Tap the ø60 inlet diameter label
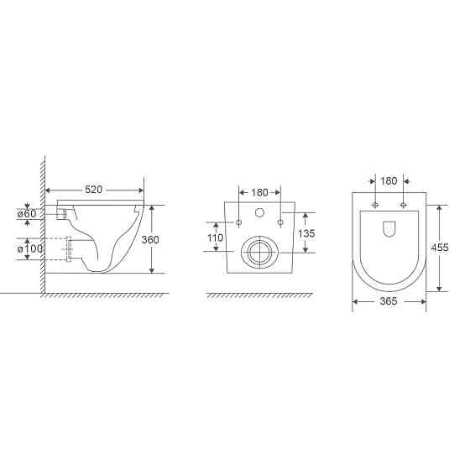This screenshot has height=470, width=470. click(28, 214)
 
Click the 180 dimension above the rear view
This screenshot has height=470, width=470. click(260, 192)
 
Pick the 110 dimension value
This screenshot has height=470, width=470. click(216, 238)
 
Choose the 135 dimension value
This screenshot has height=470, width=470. click(306, 233)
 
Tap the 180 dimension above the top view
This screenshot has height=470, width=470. click(389, 180)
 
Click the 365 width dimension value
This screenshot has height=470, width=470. click(389, 301)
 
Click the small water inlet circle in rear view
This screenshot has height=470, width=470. click(259, 213)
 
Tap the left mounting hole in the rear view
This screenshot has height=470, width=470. click(239, 222)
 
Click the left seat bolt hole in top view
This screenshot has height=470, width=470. click(374, 205)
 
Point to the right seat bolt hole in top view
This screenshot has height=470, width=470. click(404, 205)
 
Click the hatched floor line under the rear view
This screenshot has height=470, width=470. click(259, 296)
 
